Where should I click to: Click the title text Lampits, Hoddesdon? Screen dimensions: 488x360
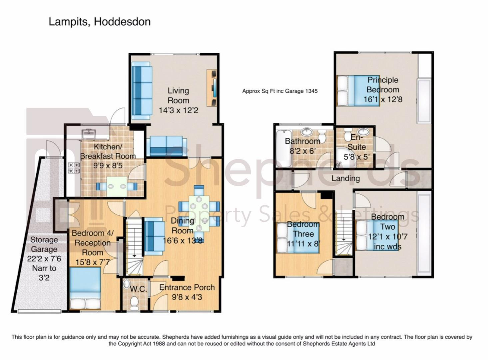coord(100,22)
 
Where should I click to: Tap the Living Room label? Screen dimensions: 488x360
coord(178,96)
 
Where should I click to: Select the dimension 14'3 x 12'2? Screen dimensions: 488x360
coord(179,110)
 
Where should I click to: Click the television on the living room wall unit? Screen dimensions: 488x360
coord(215,88)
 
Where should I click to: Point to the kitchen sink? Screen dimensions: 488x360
coord(89,133)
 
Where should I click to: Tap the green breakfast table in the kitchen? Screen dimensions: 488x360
coord(117,186)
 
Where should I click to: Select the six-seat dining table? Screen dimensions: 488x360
coord(199,213)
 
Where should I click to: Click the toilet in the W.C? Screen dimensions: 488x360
coord(134,303)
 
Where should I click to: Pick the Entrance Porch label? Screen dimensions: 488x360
coord(187,287)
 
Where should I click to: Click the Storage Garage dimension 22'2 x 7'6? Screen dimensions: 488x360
coord(44,259)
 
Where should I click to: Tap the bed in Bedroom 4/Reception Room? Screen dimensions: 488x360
coord(85,288)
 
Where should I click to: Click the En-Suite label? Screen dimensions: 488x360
coord(357,142)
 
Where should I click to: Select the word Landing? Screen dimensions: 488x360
coord(345,179)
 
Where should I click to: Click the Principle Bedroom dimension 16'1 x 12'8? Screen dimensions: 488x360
coord(383,99)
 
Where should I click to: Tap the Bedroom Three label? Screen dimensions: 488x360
coord(303,229)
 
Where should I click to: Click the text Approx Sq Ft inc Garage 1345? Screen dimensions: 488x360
coord(280,91)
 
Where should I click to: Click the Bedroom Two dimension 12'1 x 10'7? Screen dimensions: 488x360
coord(387,237)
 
